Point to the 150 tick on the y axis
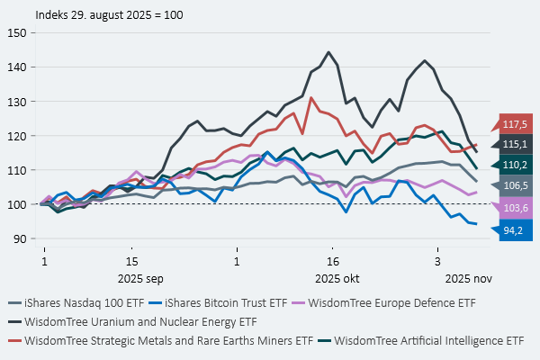16,32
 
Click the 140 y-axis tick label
16,67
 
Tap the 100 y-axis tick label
16,204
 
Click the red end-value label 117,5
516,124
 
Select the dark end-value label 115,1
516,144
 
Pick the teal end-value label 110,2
516,164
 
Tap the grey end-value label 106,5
516,184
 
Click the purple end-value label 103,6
516,209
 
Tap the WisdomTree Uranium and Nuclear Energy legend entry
140,320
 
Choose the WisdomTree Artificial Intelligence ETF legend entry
427,340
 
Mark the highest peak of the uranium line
328,52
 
